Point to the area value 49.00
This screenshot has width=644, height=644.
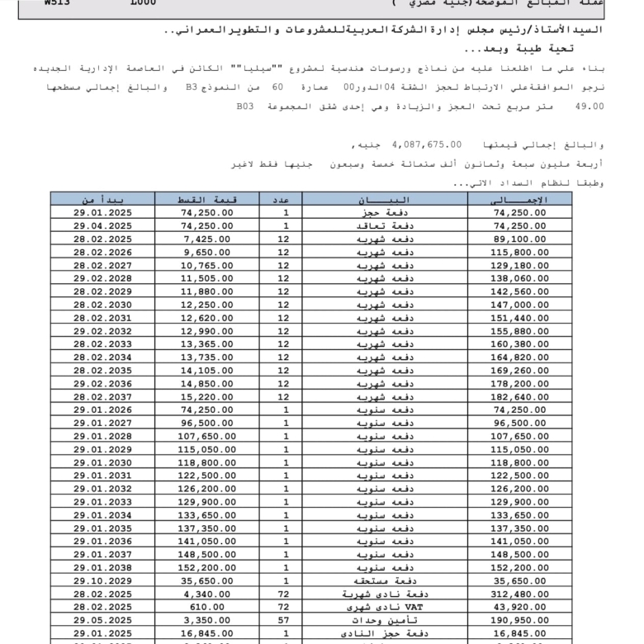pos(590,107)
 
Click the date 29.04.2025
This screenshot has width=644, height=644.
pos(102,225)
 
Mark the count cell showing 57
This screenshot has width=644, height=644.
pos(286,619)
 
